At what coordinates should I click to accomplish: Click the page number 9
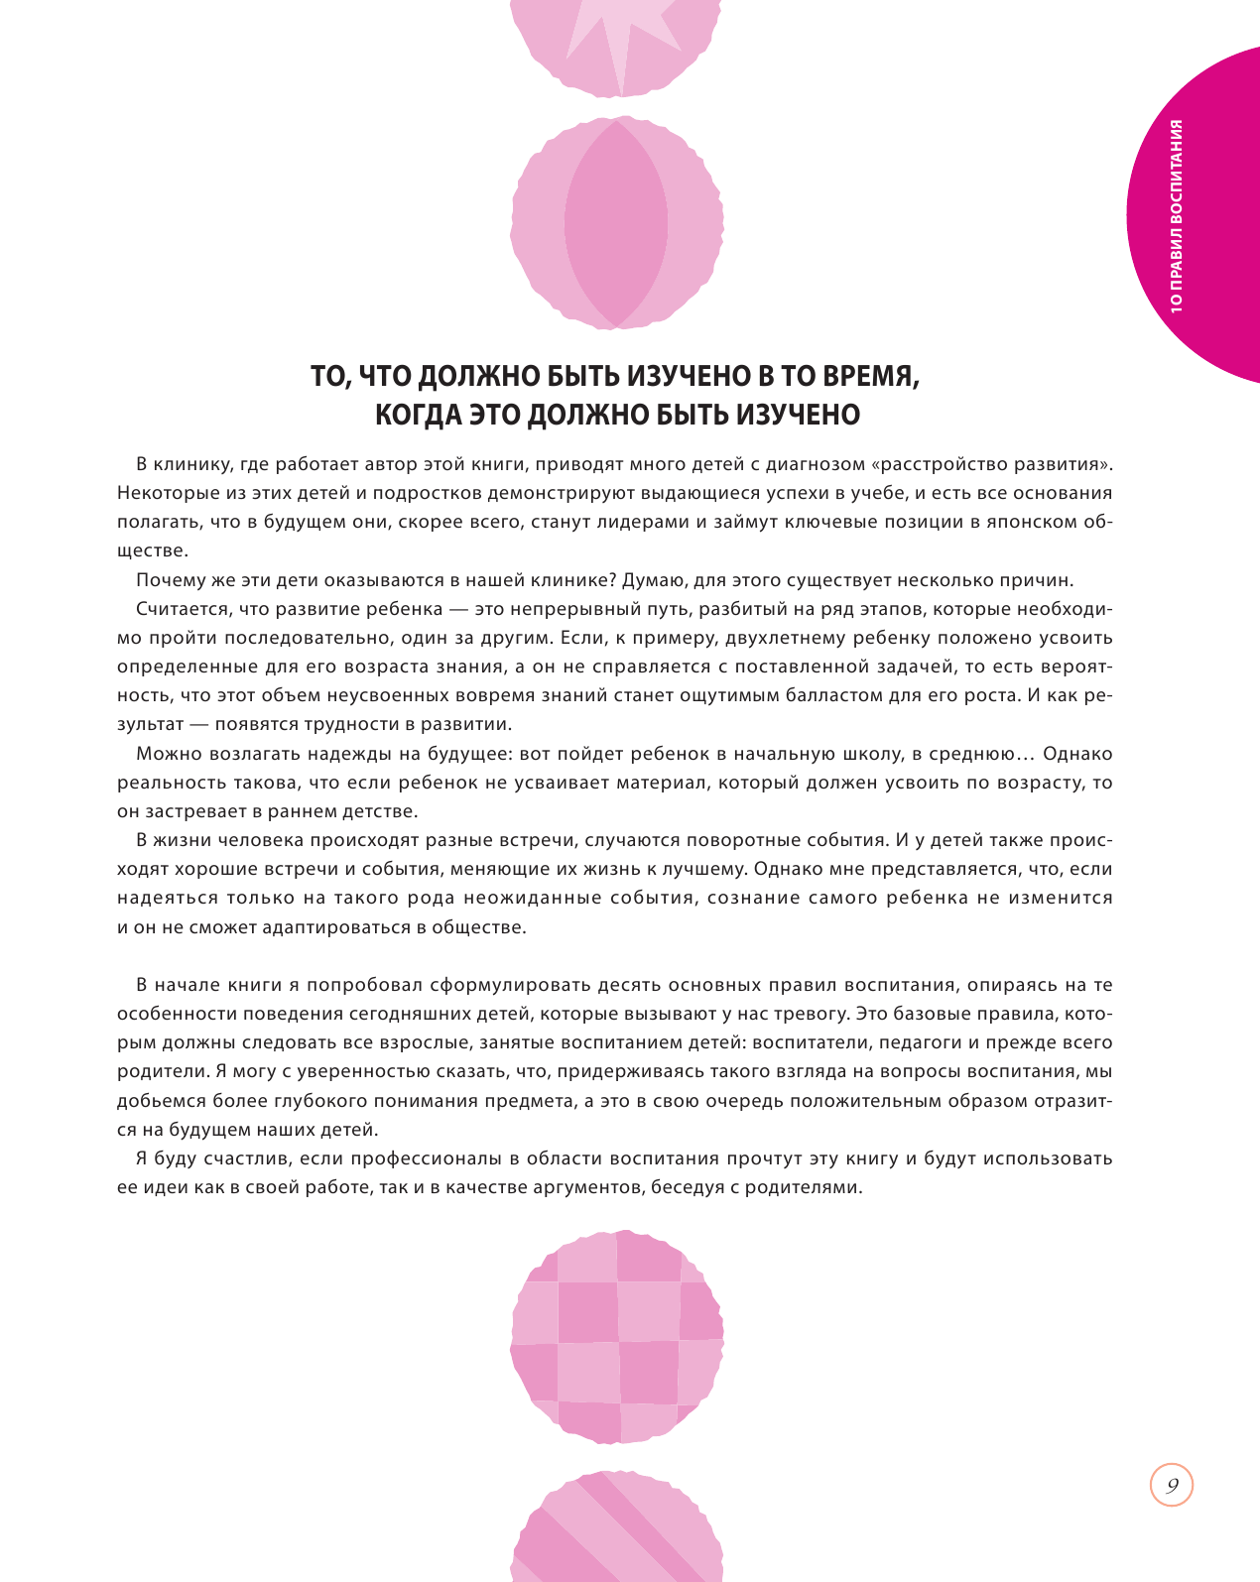pos(1172,1486)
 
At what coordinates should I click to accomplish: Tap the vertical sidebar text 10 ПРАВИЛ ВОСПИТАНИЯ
pos(1177,216)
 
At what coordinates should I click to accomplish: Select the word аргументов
pos(574,1187)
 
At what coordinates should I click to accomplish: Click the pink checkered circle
pos(617,1336)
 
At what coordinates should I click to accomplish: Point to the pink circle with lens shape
pos(616,223)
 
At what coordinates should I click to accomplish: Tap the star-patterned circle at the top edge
pos(616,45)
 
